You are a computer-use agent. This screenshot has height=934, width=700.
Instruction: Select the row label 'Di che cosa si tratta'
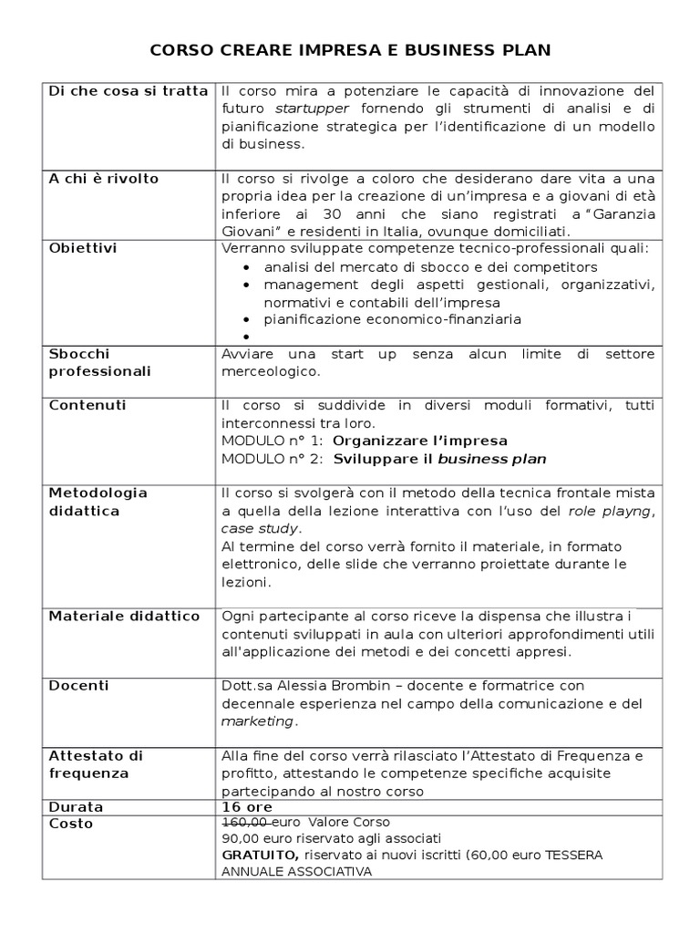(128, 91)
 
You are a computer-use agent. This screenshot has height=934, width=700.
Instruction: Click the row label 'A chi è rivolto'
(104, 179)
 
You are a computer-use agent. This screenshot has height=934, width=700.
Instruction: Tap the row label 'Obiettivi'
(83, 248)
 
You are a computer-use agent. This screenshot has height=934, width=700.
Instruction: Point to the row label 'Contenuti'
(87, 405)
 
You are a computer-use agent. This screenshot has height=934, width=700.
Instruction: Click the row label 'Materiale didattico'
(124, 617)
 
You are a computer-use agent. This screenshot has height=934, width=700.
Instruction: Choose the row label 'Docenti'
(78, 686)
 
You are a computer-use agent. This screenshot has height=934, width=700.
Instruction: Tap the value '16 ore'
(247, 807)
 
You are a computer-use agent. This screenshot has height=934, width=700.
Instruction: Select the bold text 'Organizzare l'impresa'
(420, 441)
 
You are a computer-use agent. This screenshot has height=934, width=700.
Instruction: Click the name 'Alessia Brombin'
(328, 686)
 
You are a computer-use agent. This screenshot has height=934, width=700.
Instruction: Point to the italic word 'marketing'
(258, 721)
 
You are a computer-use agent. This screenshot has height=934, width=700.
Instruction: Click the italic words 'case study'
(260, 528)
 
